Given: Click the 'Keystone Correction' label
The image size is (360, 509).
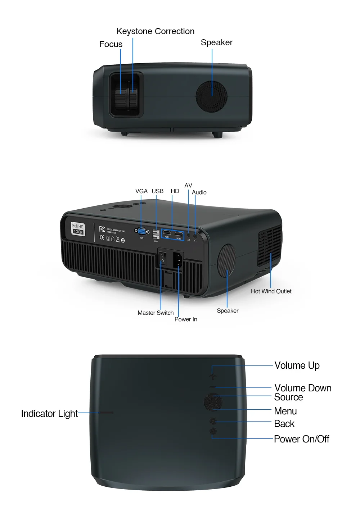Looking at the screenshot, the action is coord(155,31).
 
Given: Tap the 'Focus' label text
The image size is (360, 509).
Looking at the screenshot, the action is coord(111,44).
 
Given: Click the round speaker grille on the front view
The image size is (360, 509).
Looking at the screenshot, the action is coord(212,96).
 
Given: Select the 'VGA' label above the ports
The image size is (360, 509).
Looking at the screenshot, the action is coord(141,191).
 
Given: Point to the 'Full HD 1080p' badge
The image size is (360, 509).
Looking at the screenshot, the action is coord(78,229).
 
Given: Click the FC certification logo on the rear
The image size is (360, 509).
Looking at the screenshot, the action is coord(102,229).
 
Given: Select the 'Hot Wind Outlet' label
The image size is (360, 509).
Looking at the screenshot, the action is coord(271,291).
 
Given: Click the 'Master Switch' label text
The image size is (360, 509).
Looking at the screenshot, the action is coord(156,313).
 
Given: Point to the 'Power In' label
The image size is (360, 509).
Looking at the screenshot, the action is coord(186,319).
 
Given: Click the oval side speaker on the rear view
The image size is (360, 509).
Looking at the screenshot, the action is coord(226,260).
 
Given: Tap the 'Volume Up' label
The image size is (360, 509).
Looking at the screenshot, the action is coord(297,365).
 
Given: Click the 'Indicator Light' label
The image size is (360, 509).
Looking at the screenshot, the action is coord(49,414).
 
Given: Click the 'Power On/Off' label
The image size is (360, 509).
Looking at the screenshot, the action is coord(301,439).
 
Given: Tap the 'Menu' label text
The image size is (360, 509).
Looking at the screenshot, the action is coord(285,411).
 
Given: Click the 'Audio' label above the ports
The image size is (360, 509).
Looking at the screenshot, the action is coord(199,192).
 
